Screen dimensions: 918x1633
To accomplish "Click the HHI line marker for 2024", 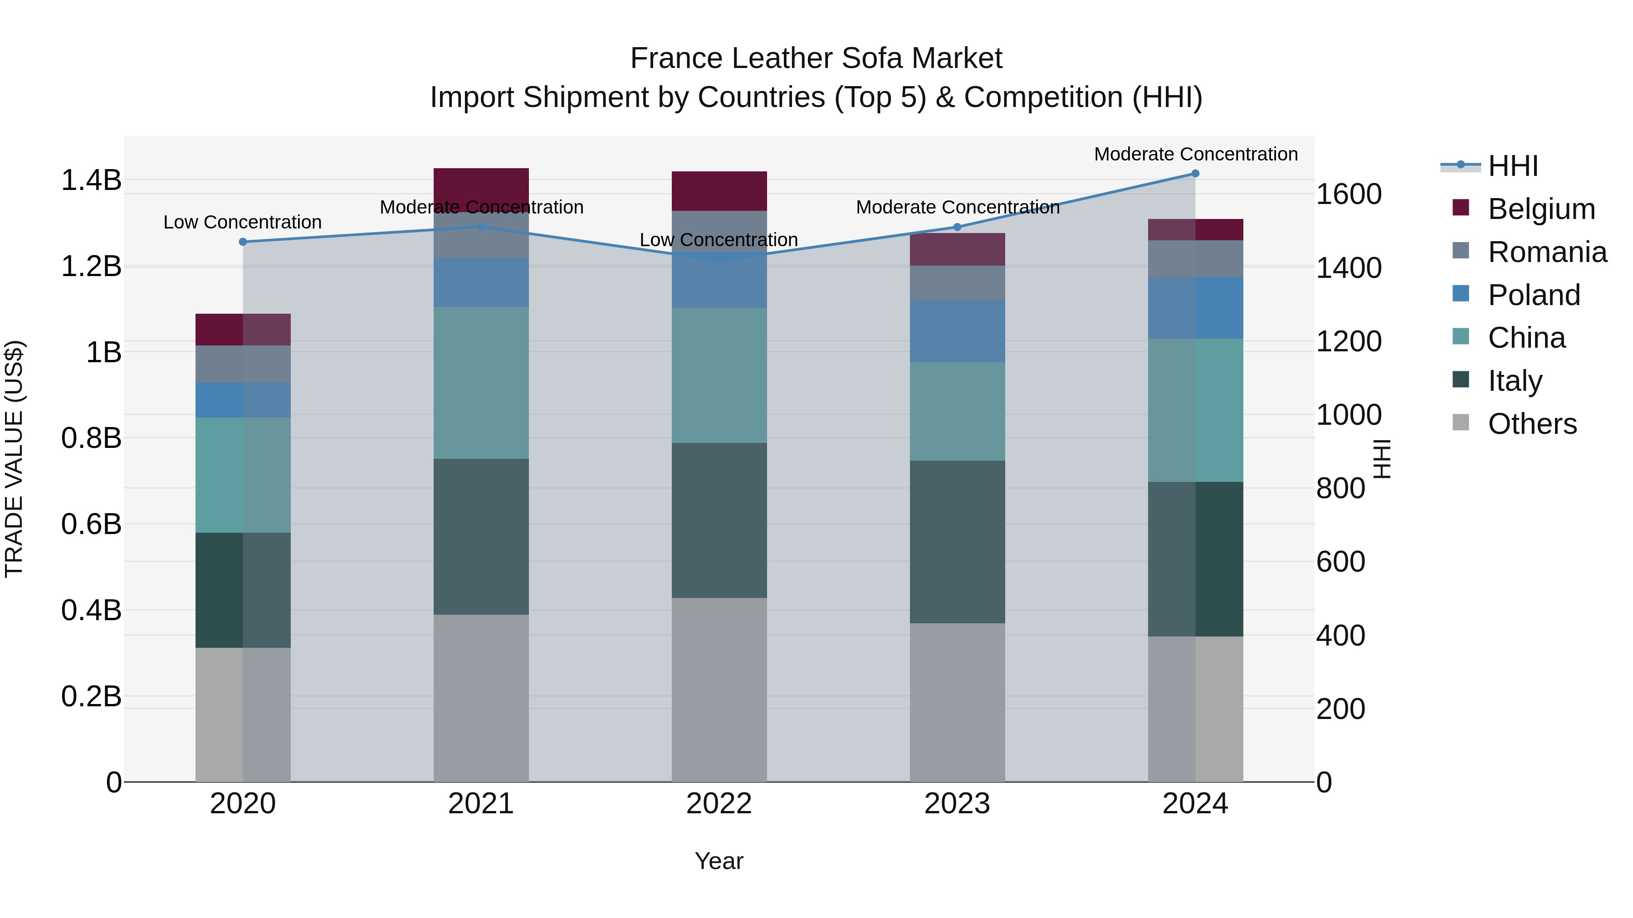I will click(x=1195, y=174).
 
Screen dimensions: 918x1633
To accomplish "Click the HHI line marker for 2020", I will click(x=243, y=242).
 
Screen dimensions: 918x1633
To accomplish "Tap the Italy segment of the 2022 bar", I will click(x=719, y=520).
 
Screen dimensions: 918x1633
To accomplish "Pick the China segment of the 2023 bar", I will click(x=957, y=411).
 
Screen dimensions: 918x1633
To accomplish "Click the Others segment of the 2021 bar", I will click(x=481, y=698).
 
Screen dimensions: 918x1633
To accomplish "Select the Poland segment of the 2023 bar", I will click(x=957, y=331).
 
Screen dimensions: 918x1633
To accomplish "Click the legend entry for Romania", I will click(x=1547, y=252).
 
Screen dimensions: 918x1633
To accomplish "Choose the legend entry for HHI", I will click(x=1512, y=166).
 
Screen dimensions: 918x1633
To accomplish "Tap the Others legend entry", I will click(x=1531, y=424).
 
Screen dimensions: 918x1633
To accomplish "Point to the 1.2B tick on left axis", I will click(x=91, y=267).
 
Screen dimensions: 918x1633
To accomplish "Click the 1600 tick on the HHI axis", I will click(x=1349, y=194).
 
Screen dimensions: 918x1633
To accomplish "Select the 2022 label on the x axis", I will click(x=719, y=804).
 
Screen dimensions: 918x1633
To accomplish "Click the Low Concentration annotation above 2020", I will click(x=243, y=223).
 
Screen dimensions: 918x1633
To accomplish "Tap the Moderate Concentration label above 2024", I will click(x=1196, y=154).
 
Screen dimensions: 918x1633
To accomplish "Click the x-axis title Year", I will click(x=719, y=861).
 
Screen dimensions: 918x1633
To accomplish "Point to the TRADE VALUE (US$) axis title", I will click(x=14, y=459).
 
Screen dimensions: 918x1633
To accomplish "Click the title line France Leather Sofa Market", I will click(x=816, y=58).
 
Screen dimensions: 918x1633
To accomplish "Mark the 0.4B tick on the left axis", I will click(x=91, y=610).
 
